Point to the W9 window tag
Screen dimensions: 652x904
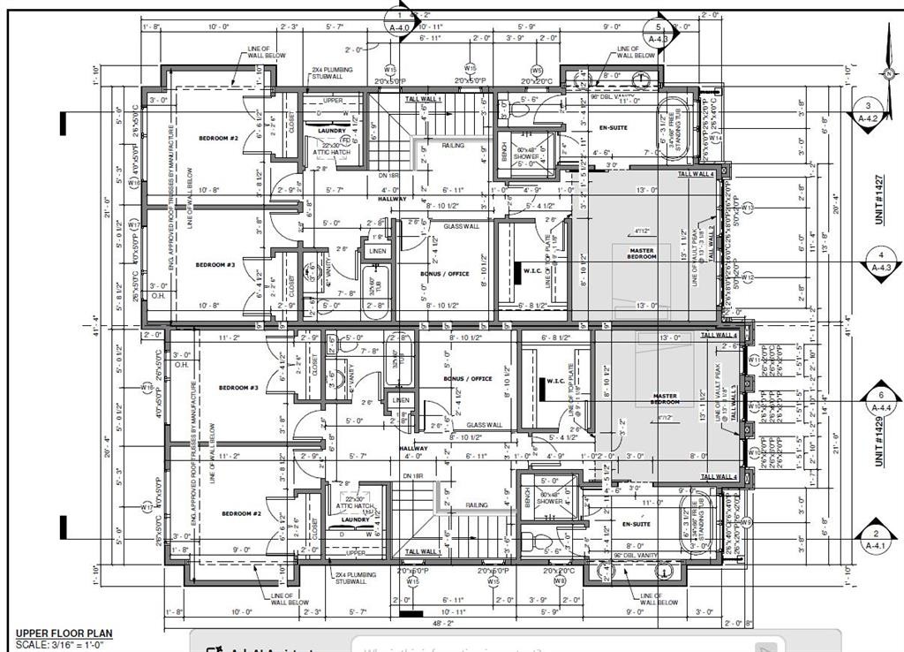(x=745, y=521)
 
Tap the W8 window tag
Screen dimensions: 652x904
(x=559, y=580)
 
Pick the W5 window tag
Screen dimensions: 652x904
(x=536, y=70)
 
